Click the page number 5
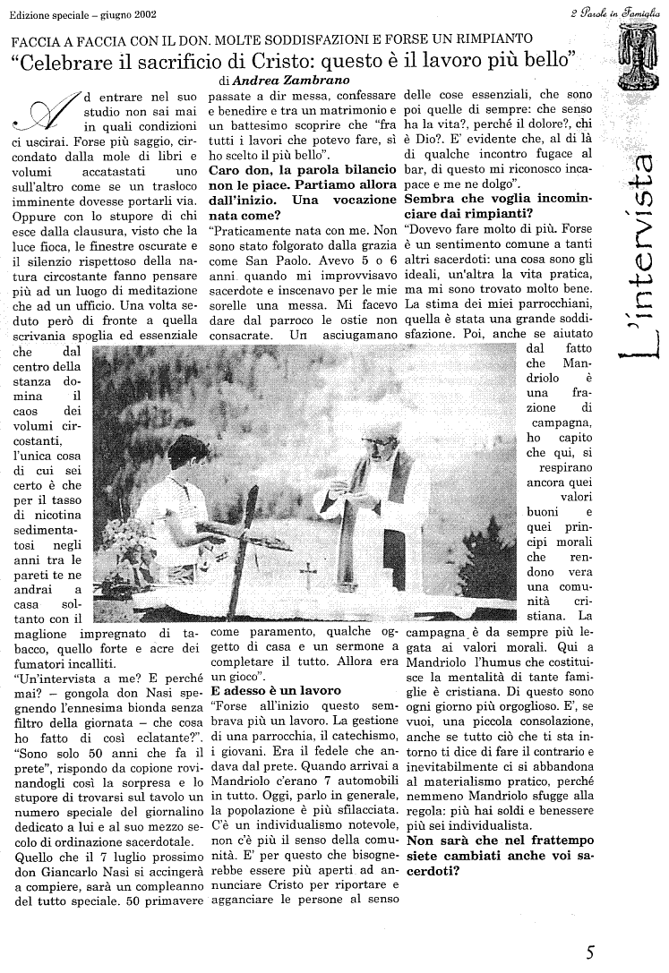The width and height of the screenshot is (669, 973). [x=590, y=951]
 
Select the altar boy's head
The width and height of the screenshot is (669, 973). [x=185, y=454]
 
